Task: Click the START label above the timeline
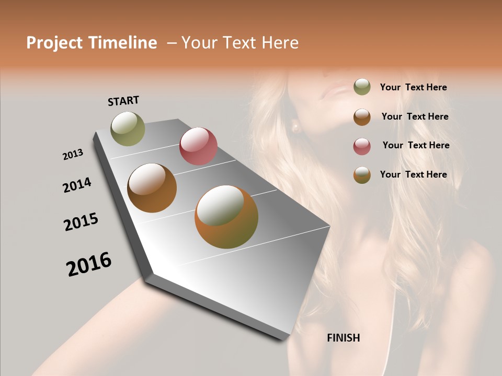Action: (123, 101)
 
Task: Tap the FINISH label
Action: (343, 338)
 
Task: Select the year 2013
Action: (73, 155)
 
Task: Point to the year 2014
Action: (77, 185)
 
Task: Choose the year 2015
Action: (81, 221)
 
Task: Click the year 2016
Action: (89, 264)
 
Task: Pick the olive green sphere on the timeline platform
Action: (128, 128)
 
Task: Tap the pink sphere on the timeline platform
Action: (198, 146)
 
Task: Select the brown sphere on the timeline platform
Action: (152, 187)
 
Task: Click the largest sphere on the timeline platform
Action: (226, 216)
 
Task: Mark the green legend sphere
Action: (362, 87)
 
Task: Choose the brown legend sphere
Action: (362, 117)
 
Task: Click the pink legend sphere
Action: (362, 146)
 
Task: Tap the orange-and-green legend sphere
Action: (362, 175)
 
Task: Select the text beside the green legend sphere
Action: (413, 87)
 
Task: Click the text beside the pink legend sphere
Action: (416, 145)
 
